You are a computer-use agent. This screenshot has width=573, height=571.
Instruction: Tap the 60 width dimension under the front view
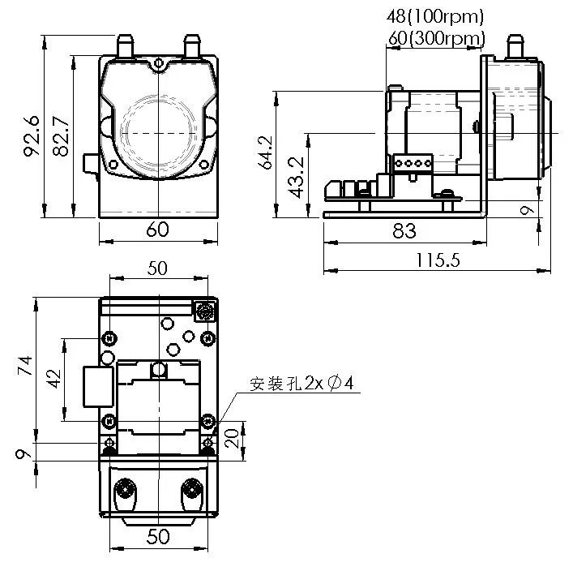pos(158,230)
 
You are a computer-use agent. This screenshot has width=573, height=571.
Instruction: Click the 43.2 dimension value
pos(296,177)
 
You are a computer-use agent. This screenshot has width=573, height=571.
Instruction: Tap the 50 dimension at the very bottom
pos(157,537)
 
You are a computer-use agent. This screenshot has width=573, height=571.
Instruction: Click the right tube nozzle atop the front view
pos(192,45)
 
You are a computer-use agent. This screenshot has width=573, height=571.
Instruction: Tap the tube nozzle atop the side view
pos(514,45)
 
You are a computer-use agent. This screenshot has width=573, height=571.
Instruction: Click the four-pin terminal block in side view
pos(411,163)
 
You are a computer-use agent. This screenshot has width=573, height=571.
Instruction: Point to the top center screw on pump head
pos(159,62)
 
